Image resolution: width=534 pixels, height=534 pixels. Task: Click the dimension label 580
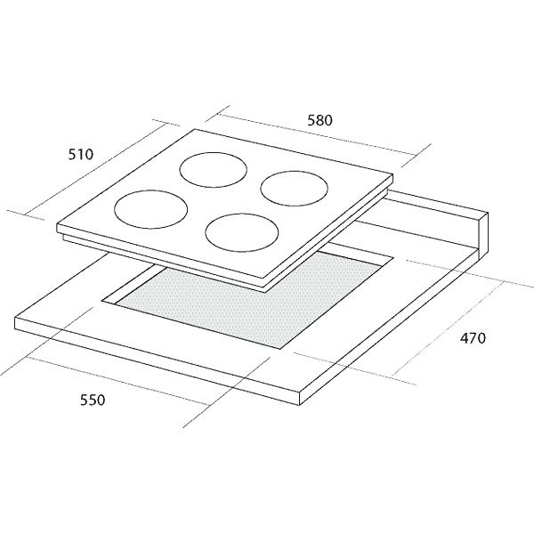click(320, 120)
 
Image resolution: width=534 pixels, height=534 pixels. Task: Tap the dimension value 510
click(81, 155)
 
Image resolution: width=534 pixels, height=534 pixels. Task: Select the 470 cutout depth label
click(473, 338)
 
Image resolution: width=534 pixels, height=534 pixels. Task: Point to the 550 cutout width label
click(93, 400)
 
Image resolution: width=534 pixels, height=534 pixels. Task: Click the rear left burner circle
click(214, 170)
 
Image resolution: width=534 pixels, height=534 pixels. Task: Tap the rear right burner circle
click(295, 189)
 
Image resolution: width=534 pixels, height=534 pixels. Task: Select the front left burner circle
click(151, 209)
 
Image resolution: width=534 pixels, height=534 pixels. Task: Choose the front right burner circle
click(242, 232)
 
